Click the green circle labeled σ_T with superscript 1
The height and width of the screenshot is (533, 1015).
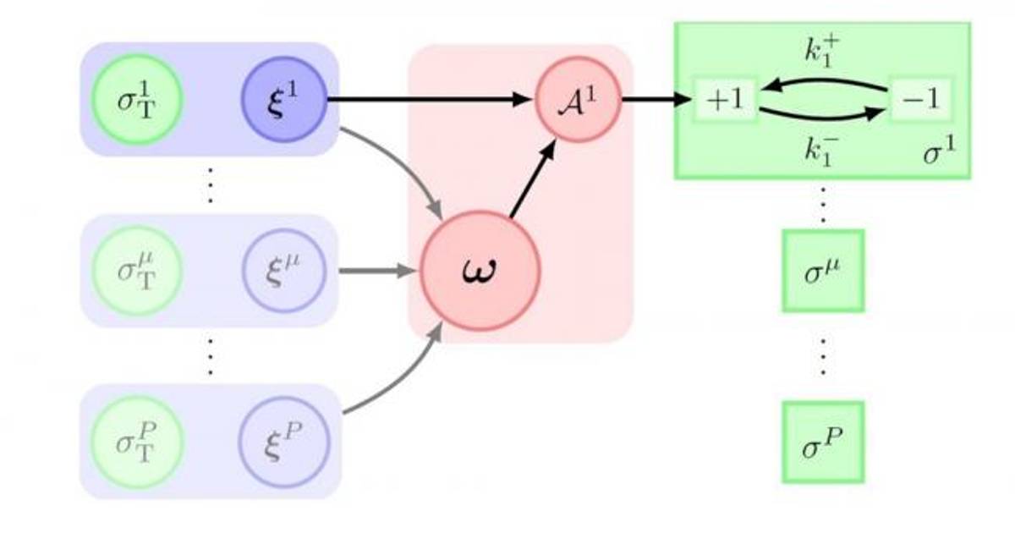135,100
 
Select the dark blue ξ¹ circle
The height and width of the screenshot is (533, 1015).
283,100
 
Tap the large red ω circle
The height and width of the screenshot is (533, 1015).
482,271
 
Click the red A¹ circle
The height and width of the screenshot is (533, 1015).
579,100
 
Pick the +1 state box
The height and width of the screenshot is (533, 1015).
725,100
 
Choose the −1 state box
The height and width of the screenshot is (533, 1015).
921,100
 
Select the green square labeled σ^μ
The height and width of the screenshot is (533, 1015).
822,271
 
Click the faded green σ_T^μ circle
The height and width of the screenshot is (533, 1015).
135,271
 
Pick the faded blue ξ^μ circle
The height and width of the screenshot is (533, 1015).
283,271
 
